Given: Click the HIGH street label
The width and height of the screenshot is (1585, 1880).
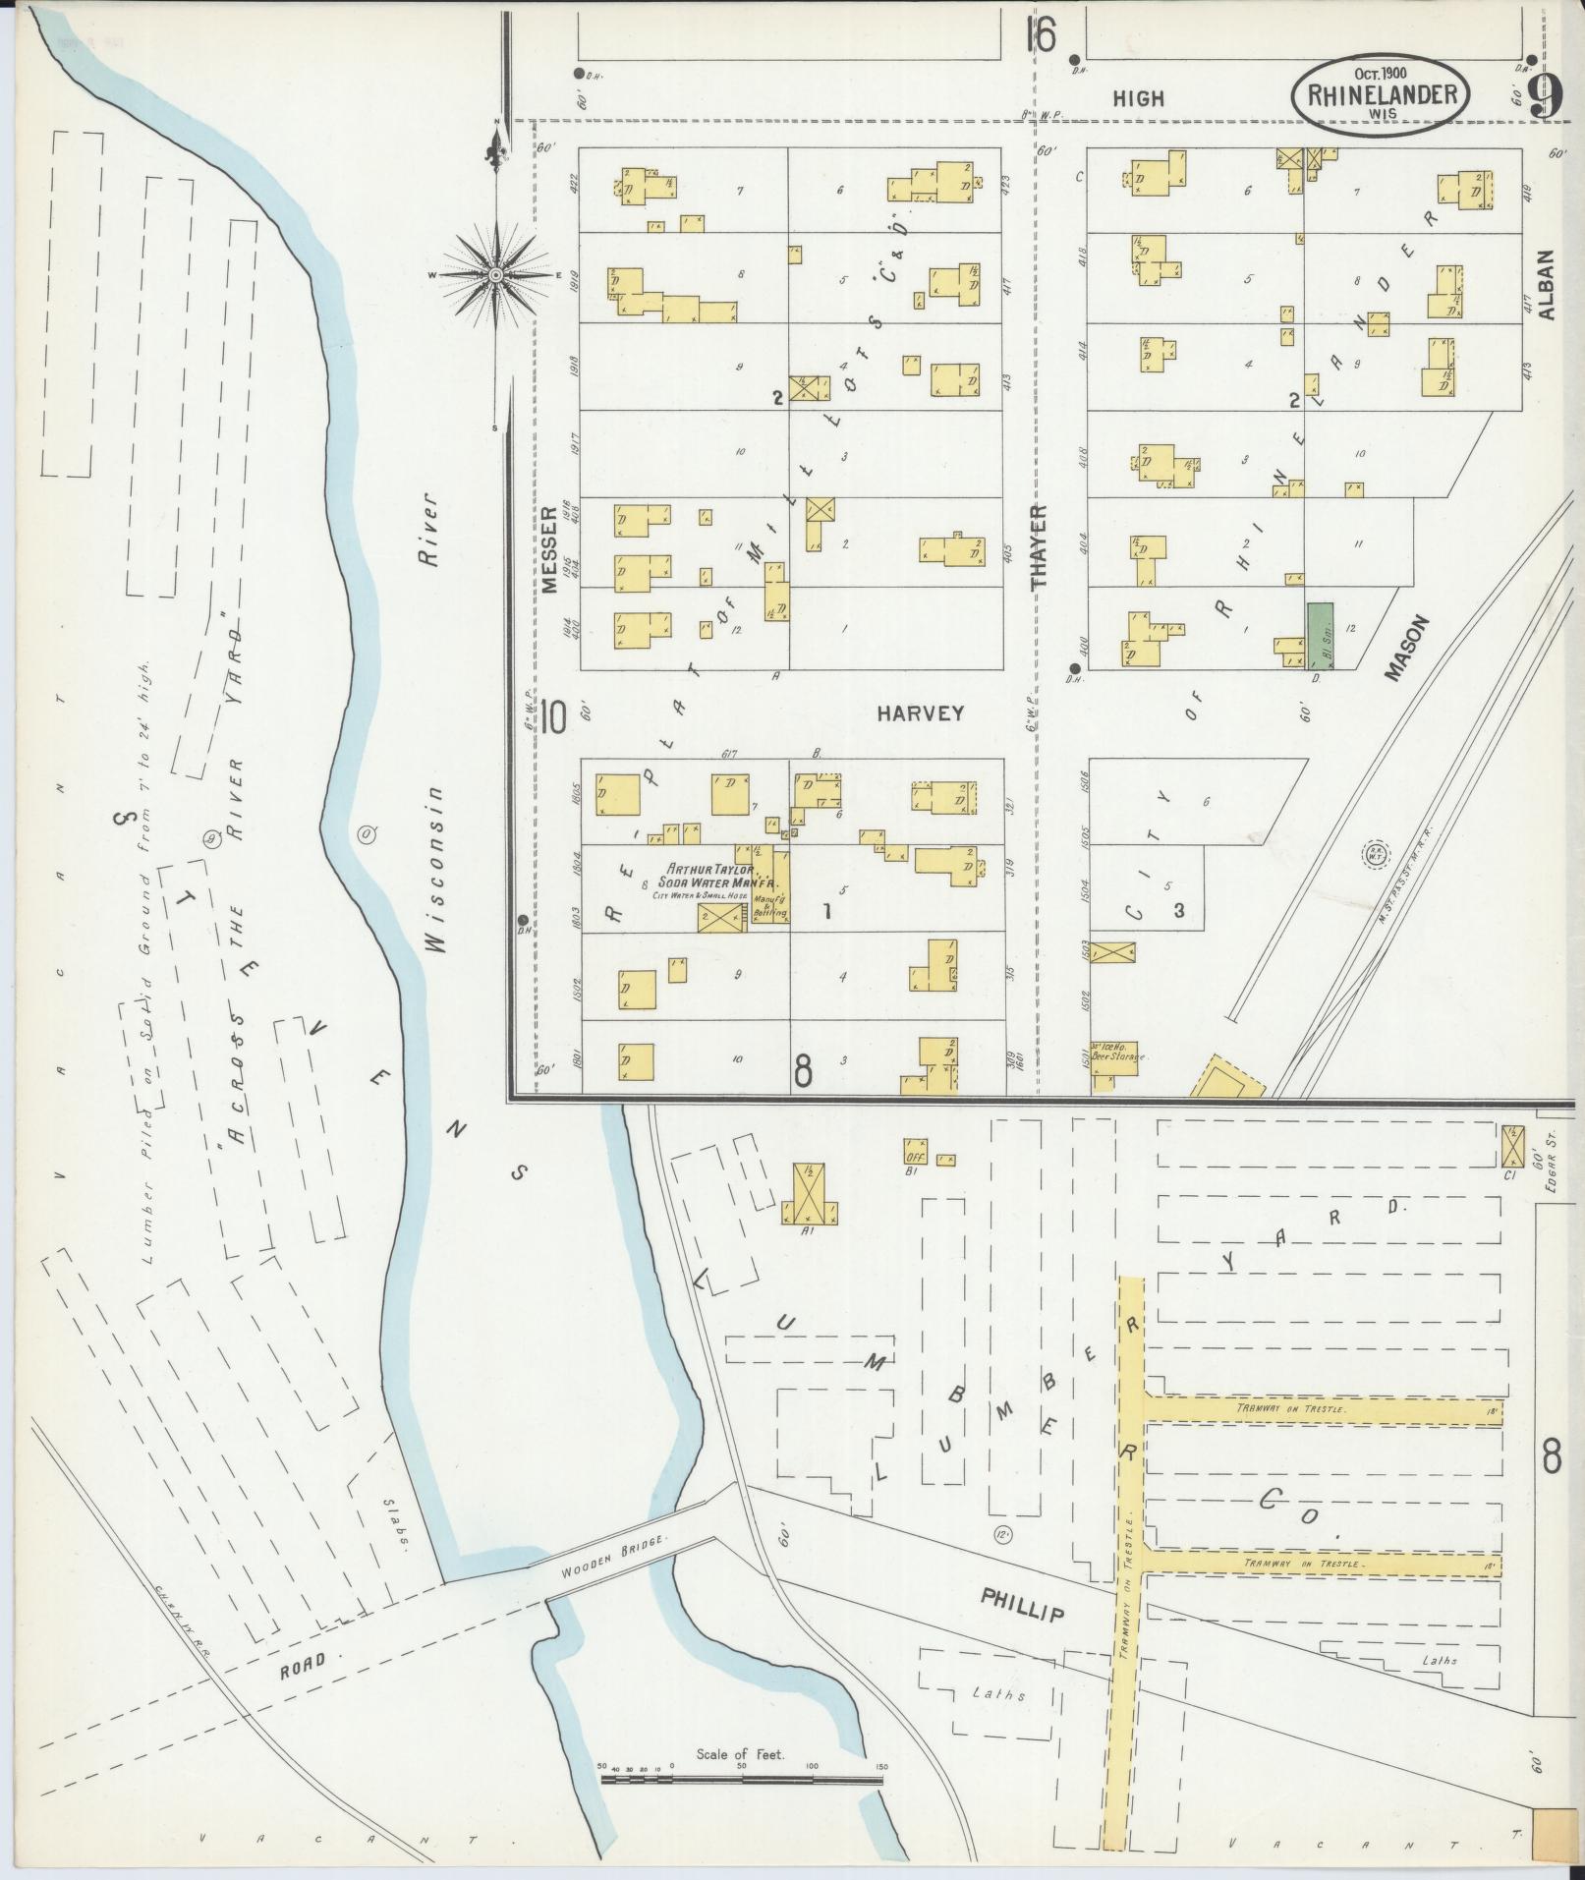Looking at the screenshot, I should [1139, 98].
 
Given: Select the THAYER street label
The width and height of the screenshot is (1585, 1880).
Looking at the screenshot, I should [1040, 545].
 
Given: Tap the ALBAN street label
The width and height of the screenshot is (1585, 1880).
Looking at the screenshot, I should [1548, 285].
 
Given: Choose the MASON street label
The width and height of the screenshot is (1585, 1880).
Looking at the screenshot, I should [1405, 649].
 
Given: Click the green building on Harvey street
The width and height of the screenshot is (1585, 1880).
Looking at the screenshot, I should [1320, 636].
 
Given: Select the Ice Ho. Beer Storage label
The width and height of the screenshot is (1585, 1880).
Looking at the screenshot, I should [1117, 1052].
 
